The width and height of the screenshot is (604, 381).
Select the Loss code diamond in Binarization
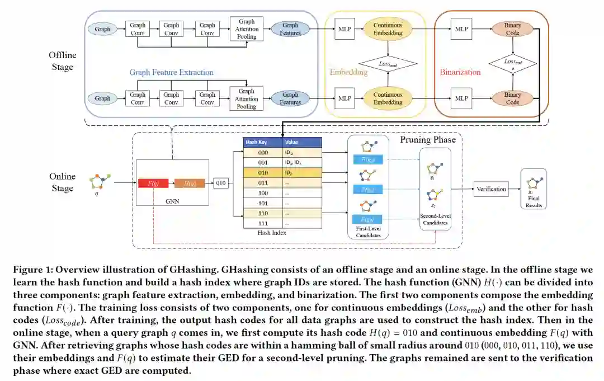(x=512, y=63)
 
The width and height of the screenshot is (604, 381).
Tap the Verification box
(x=490, y=189)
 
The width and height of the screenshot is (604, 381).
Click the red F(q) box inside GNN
(x=153, y=183)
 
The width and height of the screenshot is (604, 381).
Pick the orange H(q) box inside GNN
(x=190, y=183)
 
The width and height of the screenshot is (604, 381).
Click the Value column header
(x=292, y=142)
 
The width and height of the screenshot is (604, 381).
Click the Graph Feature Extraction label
(x=171, y=72)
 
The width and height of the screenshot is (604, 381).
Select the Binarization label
(x=460, y=72)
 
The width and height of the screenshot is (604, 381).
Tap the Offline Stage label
(x=62, y=62)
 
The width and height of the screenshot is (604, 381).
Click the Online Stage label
(x=62, y=182)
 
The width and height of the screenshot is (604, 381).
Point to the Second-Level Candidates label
(x=435, y=219)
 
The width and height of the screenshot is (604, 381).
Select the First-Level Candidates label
(x=367, y=232)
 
